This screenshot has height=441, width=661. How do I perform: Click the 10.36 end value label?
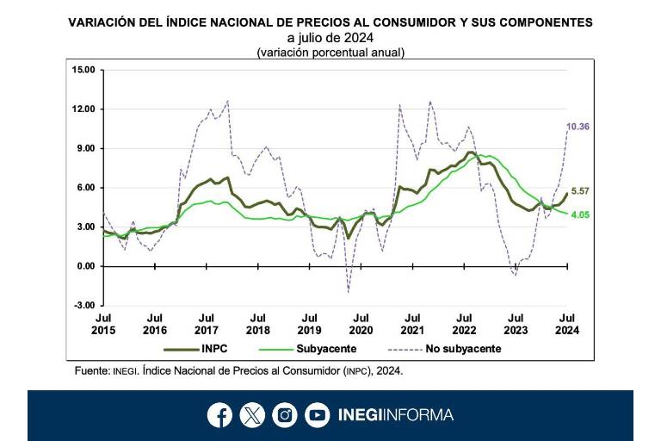pyautogui.click(x=578, y=127)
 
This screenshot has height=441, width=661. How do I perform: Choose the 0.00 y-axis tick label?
pyautogui.click(x=85, y=266)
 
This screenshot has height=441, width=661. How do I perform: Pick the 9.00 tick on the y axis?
pyautogui.click(x=85, y=148)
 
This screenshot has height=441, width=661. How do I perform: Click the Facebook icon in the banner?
pyautogui.click(x=219, y=415)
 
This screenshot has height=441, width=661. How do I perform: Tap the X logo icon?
pyautogui.click(x=252, y=415)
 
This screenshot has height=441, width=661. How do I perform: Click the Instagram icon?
pyautogui.click(x=285, y=415)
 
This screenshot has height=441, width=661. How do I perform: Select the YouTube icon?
pyautogui.click(x=318, y=415)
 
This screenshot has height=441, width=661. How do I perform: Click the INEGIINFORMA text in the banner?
pyautogui.click(x=395, y=415)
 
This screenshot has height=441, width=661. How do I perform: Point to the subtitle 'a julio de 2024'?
pyautogui.click(x=330, y=39)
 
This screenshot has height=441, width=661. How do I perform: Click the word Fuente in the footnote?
pyautogui.click(x=91, y=371)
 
